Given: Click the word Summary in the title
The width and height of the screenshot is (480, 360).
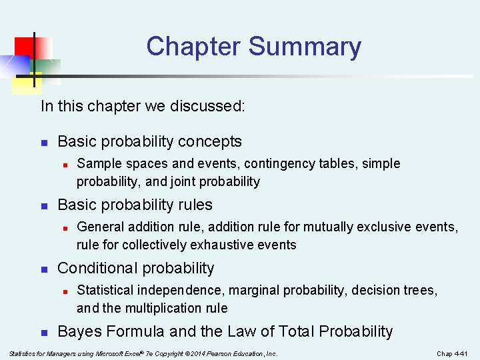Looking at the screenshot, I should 305,47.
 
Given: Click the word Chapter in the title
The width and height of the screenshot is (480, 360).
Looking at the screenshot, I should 193,47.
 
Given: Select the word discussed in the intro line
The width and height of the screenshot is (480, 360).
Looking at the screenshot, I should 215,106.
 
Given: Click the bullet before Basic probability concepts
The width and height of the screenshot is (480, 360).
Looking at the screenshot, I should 43,142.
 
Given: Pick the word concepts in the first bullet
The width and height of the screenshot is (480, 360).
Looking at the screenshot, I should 215,141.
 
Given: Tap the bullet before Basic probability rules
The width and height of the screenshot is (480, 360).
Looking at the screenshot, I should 43,205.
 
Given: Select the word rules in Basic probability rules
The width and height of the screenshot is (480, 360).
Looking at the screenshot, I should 195,205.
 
